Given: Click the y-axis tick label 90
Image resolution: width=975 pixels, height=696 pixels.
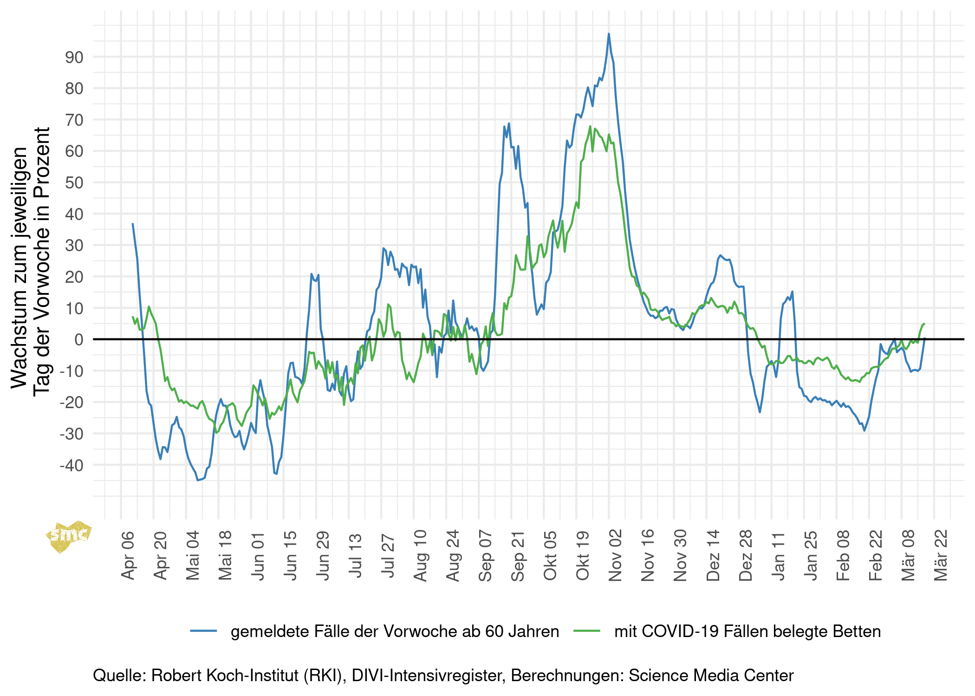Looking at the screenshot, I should tap(74, 57).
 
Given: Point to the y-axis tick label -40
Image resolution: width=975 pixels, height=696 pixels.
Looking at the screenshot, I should tap(71, 465).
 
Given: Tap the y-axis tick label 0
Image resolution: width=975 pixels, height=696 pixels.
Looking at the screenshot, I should tap(79, 339).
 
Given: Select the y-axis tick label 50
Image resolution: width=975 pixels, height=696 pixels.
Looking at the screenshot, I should tap(74, 182).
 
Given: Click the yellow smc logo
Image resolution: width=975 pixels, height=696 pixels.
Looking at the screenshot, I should tap(69, 536).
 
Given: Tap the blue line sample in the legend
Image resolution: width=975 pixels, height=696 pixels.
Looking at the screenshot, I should tap(203, 631).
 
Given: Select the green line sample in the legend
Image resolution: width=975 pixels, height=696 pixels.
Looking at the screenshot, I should tap(587, 631).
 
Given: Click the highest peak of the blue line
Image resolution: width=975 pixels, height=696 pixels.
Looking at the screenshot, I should tap(609, 34).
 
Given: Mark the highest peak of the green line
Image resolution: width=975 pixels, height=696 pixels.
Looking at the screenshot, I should tap(590, 126).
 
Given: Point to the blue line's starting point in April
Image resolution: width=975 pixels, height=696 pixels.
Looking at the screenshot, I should tap(132, 224).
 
